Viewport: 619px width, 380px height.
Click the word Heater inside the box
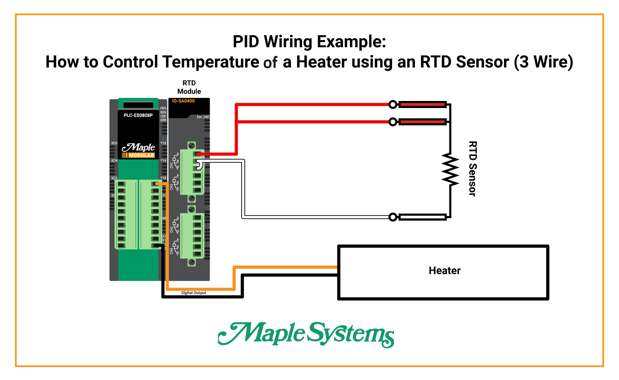tap(444, 271)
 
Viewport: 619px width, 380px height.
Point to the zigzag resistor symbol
tap(450, 170)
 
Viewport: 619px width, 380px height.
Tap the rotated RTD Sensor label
tap(472, 169)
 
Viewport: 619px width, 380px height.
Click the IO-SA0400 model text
tap(183, 101)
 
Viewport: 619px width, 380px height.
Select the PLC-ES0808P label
tap(138, 115)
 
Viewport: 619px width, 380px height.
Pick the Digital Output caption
tap(193, 293)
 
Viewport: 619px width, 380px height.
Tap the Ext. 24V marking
tap(203, 117)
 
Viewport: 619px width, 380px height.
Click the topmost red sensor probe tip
tap(422, 104)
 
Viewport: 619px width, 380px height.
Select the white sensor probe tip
tap(422, 217)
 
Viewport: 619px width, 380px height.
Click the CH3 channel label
tap(172, 229)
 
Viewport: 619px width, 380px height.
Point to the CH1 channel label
tap(172, 165)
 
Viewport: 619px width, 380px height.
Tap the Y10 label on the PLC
tap(163, 143)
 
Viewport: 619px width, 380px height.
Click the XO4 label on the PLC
tap(114, 160)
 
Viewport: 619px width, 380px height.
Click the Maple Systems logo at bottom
tap(306, 334)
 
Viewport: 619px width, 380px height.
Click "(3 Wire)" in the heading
tap(543, 62)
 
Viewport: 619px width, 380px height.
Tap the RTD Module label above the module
tap(189, 87)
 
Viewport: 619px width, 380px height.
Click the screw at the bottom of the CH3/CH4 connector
tap(192, 262)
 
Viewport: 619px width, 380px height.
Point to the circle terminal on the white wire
tap(393, 217)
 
